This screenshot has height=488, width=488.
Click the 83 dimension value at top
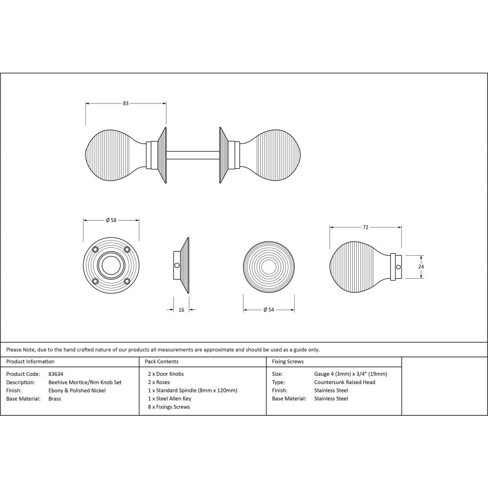point(126,103)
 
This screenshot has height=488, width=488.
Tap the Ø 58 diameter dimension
point(111,221)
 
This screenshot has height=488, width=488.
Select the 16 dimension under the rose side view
point(181,309)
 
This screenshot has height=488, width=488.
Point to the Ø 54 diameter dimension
point(268,310)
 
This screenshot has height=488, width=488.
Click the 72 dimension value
point(366,227)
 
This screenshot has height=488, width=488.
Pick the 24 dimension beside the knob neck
point(421,267)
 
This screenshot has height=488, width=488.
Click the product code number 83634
point(56,374)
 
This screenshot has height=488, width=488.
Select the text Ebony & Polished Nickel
point(77,390)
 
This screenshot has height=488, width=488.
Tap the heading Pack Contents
point(162,362)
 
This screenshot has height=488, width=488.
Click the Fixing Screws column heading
point(287,362)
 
